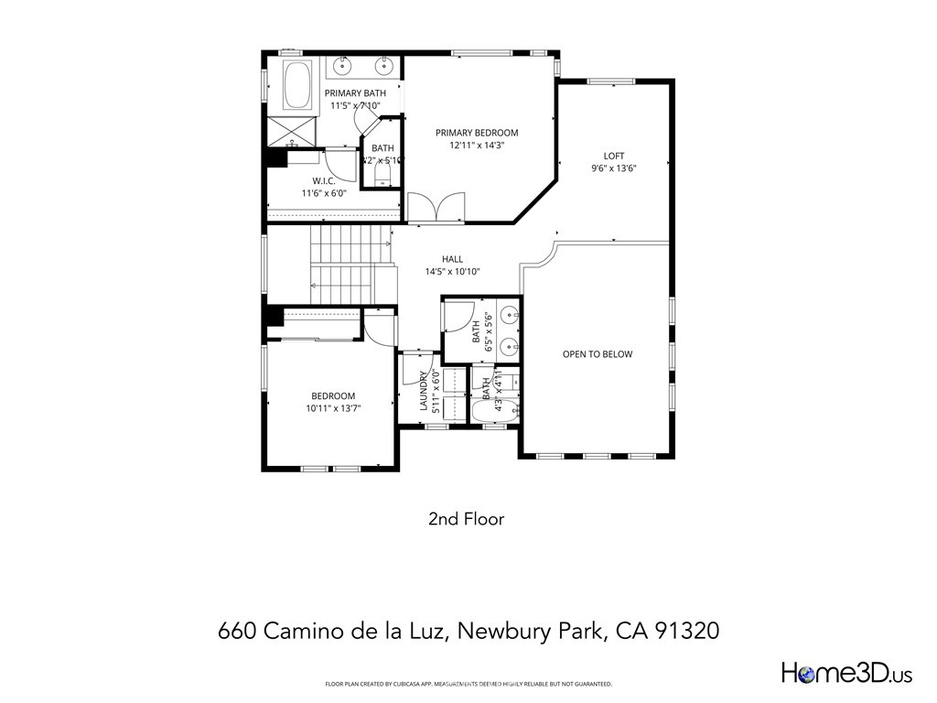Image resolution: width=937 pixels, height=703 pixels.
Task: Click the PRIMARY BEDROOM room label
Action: pyautogui.click(x=477, y=133)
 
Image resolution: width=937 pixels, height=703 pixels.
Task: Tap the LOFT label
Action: pyautogui.click(x=613, y=156)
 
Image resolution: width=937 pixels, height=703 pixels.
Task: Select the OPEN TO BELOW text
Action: pyautogui.click(x=597, y=354)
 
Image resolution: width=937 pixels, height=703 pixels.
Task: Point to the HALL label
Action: pyautogui.click(x=452, y=259)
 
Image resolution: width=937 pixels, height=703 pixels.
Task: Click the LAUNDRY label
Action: pyautogui.click(x=424, y=392)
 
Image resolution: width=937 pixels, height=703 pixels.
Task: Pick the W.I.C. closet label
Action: pyautogui.click(x=324, y=181)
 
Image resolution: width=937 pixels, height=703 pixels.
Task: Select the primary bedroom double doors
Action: pyautogui.click(x=436, y=208)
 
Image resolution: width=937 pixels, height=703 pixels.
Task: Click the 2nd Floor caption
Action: pyautogui.click(x=467, y=519)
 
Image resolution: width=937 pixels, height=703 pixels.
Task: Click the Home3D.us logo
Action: pyautogui.click(x=846, y=674)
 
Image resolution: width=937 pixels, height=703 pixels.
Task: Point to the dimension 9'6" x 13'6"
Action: pyautogui.click(x=613, y=168)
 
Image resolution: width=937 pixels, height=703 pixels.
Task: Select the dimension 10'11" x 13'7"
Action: pyautogui.click(x=333, y=409)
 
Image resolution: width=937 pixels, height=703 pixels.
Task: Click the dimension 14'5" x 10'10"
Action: pyautogui.click(x=452, y=272)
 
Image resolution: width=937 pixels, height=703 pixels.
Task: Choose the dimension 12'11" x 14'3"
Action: pyautogui.click(x=477, y=145)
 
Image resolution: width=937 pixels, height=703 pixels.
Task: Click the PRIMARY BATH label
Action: pyautogui.click(x=355, y=93)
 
